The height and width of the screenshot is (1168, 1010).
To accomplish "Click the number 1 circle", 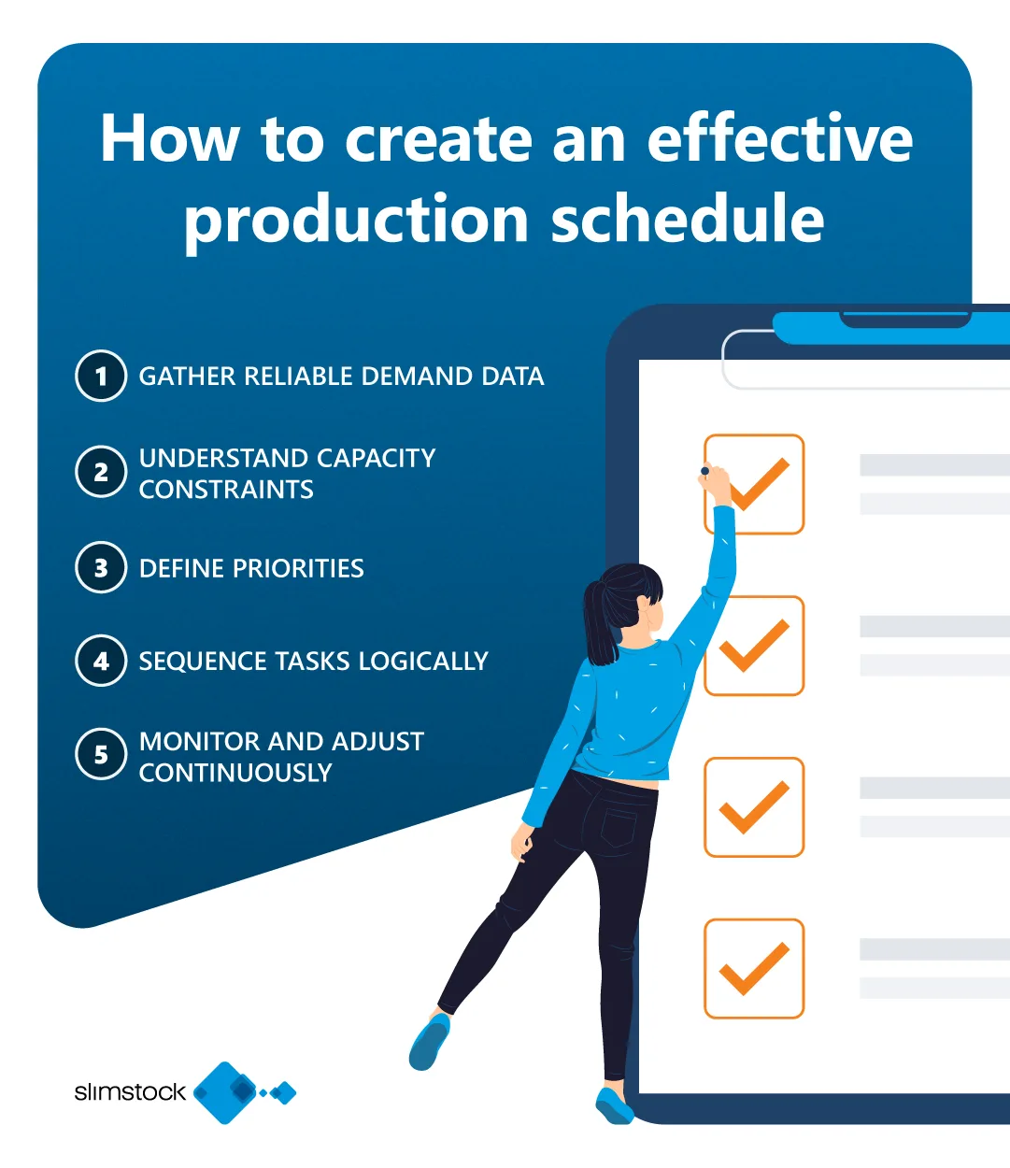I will point(101,376).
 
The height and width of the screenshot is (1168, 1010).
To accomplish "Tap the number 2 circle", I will point(101,472).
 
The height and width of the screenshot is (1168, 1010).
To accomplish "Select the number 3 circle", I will point(101,567).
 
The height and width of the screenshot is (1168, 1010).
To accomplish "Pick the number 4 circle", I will point(101,661).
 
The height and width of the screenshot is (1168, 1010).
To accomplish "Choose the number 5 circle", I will point(101,755).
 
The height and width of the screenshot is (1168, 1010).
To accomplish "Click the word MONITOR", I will point(199,741).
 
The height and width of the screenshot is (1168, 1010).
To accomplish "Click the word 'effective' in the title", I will point(779,138).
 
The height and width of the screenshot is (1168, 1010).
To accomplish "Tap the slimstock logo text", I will point(130,1091).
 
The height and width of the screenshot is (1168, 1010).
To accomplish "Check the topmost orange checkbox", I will point(754,484).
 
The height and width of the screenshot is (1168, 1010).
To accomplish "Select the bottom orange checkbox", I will point(754,968).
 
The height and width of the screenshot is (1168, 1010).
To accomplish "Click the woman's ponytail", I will point(598,620).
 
